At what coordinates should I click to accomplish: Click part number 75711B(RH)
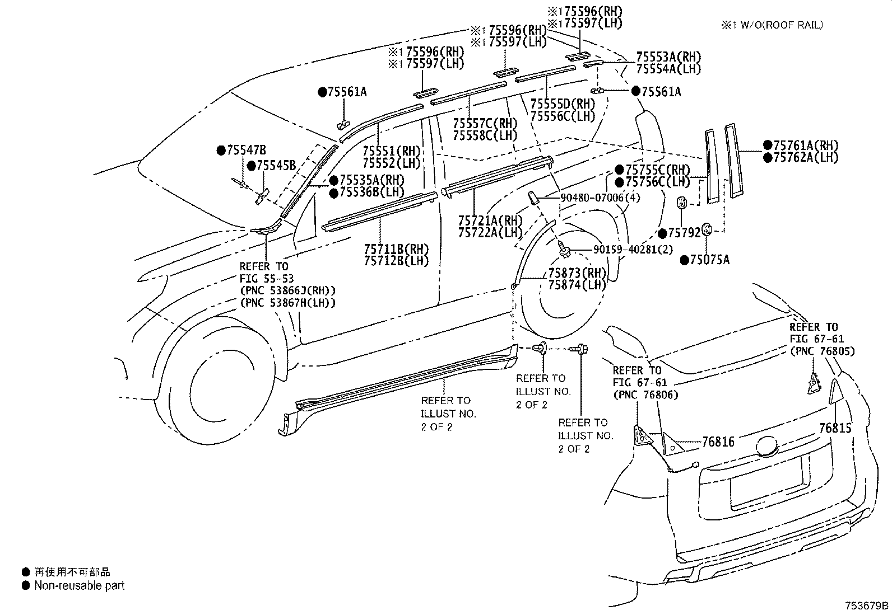tap(396, 249)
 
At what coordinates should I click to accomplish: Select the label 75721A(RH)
tap(490, 220)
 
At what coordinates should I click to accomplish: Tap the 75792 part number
tap(684, 233)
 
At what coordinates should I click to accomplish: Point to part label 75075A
tap(709, 260)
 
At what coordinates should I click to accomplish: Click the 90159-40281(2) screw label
tap(630, 250)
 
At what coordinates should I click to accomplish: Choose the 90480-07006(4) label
tap(600, 198)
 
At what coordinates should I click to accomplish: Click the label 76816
tap(718, 442)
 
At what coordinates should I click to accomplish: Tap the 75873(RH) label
tap(577, 273)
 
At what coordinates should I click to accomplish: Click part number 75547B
tap(246, 150)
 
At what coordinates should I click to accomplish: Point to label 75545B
tap(276, 166)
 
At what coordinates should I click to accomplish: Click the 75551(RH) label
tap(391, 151)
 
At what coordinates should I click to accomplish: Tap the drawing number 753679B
tap(867, 605)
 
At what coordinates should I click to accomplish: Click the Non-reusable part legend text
tap(79, 586)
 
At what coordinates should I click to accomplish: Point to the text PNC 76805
tap(822, 351)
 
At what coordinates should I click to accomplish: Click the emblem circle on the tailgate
tap(767, 448)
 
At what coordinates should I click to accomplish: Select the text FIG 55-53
tap(266, 278)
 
